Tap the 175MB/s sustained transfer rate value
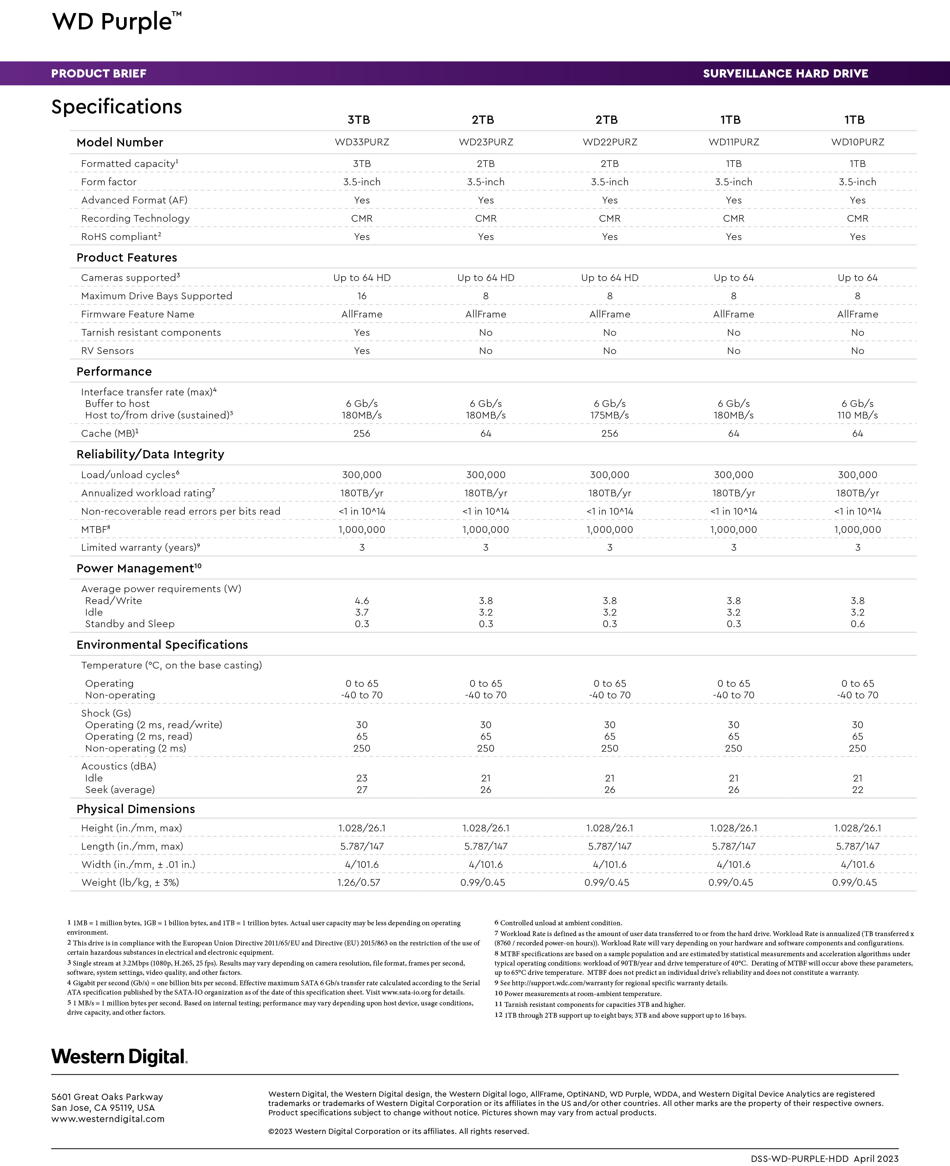pos(609,415)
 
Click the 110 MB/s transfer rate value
pos(858,415)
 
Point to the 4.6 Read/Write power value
pos(362,601)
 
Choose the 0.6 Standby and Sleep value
pos(858,624)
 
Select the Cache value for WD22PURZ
pos(609,433)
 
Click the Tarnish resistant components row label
pos(151,333)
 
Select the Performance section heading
pos(114,372)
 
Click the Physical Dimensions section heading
pos(136,809)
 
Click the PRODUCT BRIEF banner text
pos(98,74)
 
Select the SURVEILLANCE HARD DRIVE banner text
pos(785,74)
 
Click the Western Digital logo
pos(119,1056)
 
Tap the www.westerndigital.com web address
pos(108,1119)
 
